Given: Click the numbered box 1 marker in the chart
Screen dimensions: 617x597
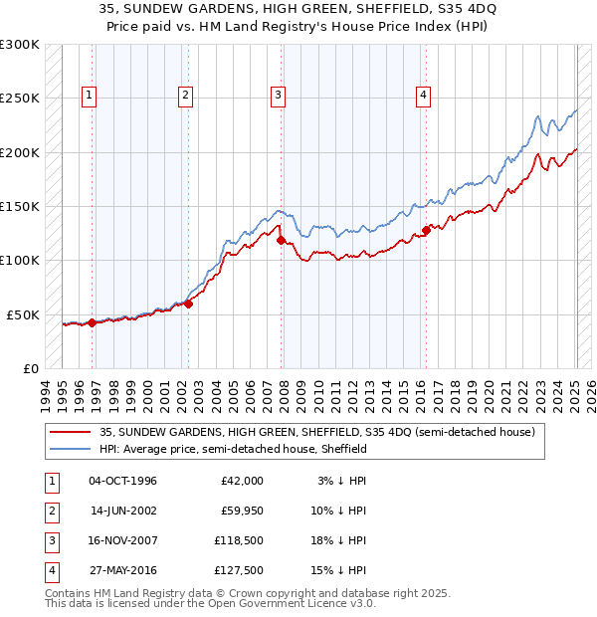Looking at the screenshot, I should point(90,96).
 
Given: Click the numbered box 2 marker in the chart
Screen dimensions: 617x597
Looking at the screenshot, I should point(186,96).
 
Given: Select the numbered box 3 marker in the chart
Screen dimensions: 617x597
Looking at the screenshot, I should point(278,96).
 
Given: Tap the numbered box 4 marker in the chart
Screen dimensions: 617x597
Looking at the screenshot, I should point(423,96).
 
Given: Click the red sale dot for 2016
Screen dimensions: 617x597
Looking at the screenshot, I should point(426,230).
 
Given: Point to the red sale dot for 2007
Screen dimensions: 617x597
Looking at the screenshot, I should point(281,240).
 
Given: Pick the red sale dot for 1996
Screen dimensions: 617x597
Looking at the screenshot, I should point(93,322).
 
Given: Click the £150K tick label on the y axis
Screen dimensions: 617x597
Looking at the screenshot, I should point(20,206).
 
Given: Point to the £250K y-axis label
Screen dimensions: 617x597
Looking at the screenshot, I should point(20,99).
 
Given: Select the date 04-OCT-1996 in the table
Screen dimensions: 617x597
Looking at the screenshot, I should point(122,480).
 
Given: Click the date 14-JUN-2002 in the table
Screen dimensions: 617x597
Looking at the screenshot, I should point(122,510).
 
